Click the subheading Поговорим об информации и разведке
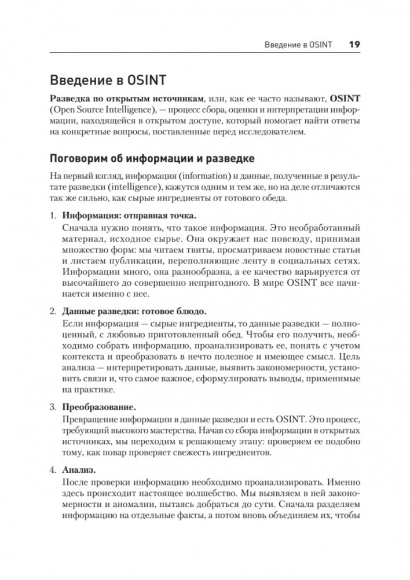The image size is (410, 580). point(151,159)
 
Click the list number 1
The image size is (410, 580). point(53,216)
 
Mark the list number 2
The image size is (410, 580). point(53,311)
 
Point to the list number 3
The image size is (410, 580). point(53,407)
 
